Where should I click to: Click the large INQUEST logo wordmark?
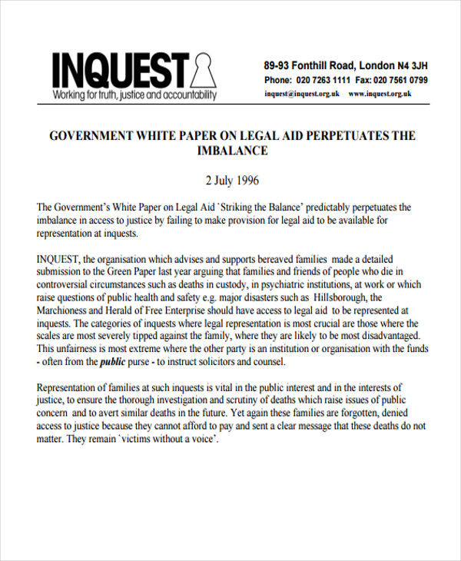[119, 70]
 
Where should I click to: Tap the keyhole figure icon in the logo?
[201, 71]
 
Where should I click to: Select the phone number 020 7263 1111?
[323, 80]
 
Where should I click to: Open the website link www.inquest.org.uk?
[380, 94]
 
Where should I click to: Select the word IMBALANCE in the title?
[233, 151]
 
